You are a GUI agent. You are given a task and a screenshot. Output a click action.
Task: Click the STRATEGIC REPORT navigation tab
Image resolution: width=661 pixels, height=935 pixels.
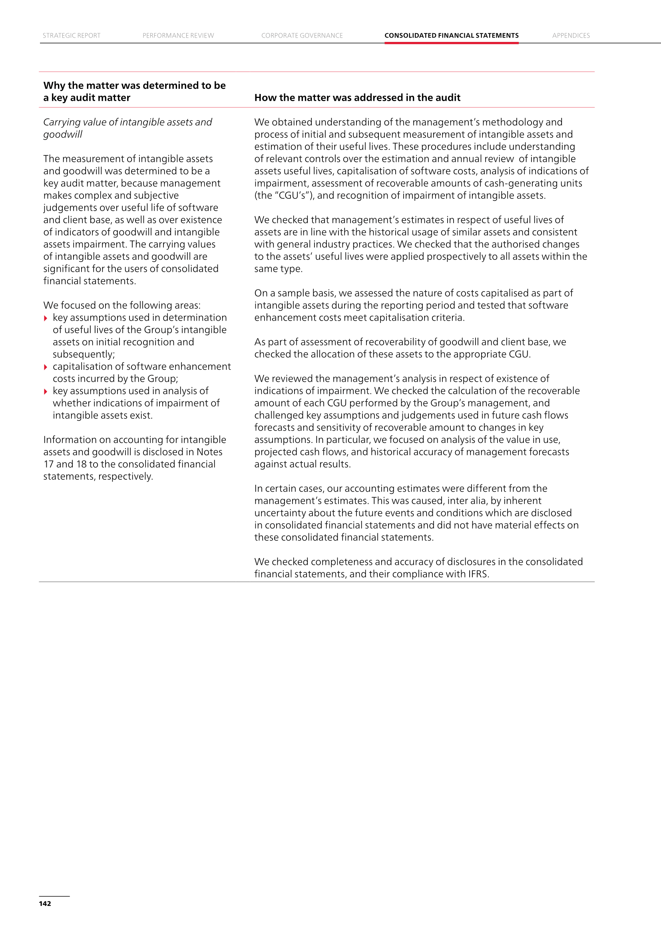72,36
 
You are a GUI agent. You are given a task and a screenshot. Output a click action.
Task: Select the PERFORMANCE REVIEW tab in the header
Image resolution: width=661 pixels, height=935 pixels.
178,36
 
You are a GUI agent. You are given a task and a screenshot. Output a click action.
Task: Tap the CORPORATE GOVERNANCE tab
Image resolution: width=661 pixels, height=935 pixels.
302,36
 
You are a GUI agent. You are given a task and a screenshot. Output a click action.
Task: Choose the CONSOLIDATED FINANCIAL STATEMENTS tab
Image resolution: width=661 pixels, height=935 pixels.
451,36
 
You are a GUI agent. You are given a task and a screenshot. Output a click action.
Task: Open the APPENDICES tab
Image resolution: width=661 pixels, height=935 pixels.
571,36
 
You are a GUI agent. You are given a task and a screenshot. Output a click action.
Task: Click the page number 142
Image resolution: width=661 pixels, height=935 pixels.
45,903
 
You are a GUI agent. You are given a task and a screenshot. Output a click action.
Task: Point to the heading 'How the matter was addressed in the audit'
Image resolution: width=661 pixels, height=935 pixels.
357,98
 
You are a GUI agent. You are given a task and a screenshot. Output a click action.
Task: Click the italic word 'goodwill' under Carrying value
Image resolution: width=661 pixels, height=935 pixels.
63,134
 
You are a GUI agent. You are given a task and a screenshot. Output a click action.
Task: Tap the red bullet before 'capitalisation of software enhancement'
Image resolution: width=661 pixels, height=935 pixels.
46,367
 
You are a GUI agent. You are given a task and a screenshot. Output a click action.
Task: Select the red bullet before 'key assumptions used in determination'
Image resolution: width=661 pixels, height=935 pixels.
46,319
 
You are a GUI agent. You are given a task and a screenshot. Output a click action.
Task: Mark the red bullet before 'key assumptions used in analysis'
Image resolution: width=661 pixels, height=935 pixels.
46,392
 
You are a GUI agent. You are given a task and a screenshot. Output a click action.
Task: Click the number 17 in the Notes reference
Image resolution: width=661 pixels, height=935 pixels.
48,464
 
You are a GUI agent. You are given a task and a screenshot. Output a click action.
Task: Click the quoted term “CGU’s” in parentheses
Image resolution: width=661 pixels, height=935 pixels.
291,195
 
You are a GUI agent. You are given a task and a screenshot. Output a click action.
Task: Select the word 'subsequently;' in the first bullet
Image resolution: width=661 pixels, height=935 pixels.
84,354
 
